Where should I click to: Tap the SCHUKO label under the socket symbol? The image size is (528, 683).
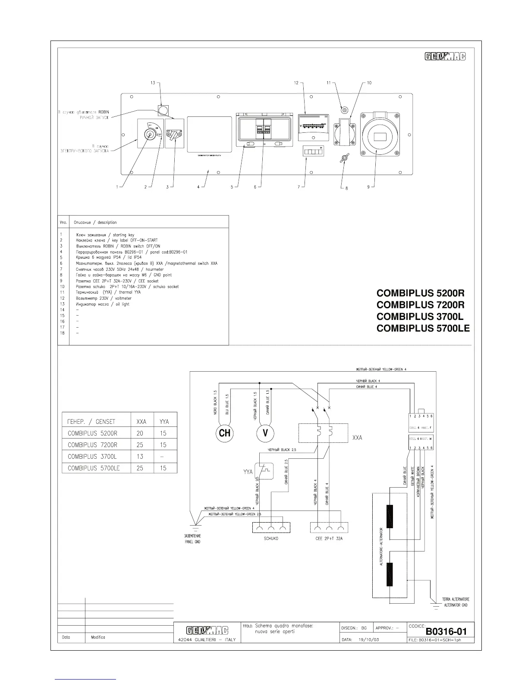(x=271, y=539)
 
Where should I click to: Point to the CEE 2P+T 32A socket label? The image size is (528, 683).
(x=329, y=539)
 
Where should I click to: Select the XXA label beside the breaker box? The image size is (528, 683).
(x=357, y=437)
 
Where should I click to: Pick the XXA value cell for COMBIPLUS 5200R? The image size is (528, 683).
(x=139, y=433)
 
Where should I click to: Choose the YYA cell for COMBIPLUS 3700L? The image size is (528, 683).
(x=163, y=457)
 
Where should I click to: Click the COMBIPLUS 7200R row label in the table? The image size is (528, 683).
(x=92, y=445)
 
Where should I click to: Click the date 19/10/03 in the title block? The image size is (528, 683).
(x=369, y=639)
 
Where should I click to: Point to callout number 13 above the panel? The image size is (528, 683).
(x=153, y=83)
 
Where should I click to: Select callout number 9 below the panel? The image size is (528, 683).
(x=368, y=187)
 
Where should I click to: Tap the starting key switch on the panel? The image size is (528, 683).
(x=149, y=134)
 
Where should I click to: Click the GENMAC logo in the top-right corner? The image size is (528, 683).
(x=445, y=56)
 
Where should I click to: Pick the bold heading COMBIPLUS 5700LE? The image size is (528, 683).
(x=423, y=329)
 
